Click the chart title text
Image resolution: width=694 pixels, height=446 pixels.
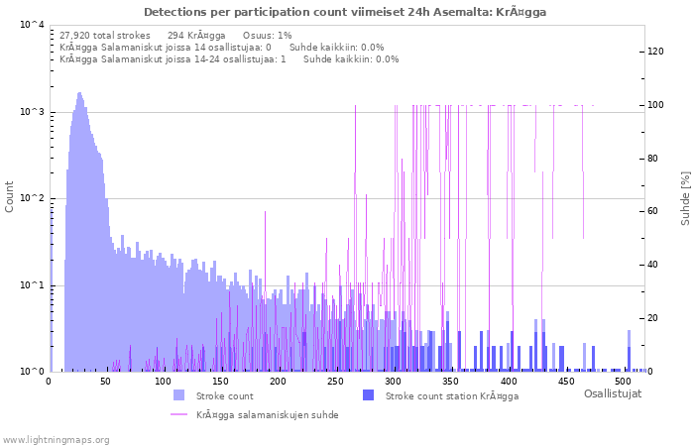coord(345,12)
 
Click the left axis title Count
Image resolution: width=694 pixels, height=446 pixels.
coord(10,196)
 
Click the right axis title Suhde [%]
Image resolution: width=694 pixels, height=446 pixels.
coord(685,197)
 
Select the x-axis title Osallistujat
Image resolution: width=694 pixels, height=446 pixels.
coord(612,393)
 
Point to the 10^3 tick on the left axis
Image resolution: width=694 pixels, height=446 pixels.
coord(31,112)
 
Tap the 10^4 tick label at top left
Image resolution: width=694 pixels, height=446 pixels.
coord(31,26)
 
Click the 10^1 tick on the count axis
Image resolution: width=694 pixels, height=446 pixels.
coord(31,285)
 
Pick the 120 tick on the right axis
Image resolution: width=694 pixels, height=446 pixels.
coord(656,52)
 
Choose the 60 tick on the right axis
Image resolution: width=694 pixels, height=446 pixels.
coord(653,211)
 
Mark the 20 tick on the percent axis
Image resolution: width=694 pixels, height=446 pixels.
coord(653,318)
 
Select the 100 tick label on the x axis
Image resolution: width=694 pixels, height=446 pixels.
coord(164,381)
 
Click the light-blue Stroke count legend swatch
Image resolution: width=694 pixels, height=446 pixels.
coord(178,395)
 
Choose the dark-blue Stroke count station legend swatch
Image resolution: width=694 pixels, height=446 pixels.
coord(368,395)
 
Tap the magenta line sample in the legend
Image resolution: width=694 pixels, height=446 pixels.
coord(178,414)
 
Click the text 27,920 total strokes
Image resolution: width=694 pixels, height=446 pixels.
coord(105,35)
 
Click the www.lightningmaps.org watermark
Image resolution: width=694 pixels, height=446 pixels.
coord(56,439)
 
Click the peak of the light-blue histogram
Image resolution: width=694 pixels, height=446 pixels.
coord(79,94)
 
